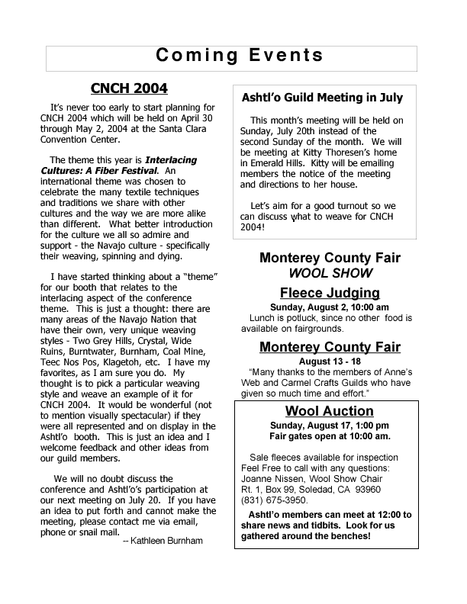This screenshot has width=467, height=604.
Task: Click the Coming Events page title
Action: click(x=240, y=56)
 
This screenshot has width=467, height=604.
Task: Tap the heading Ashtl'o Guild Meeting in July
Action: click(x=322, y=98)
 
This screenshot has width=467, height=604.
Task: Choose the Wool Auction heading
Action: click(x=329, y=411)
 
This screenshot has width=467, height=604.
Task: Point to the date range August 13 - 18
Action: click(x=329, y=361)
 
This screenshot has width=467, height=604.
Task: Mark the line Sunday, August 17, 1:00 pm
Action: click(x=329, y=425)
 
